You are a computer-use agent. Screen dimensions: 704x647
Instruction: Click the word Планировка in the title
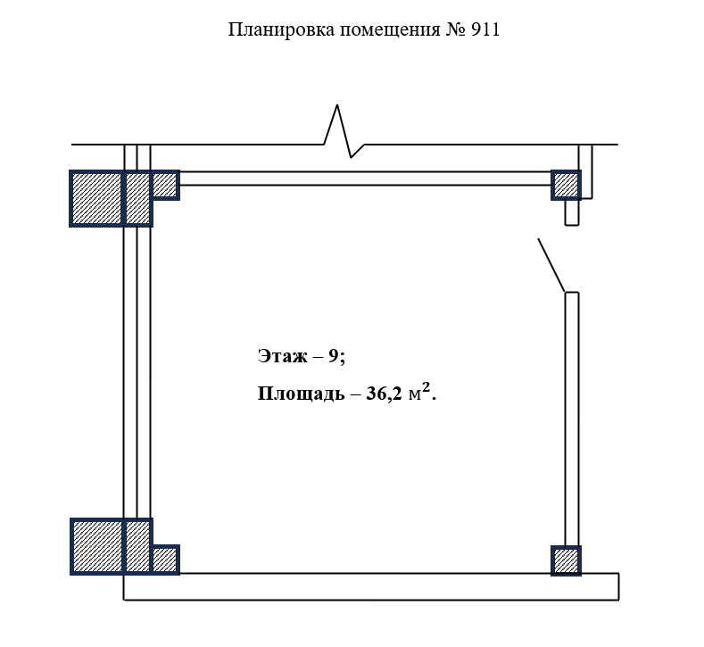pyautogui.click(x=281, y=29)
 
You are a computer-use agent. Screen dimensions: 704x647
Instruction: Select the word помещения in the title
pyautogui.click(x=390, y=30)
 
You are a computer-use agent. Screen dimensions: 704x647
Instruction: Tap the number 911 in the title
pyautogui.click(x=485, y=29)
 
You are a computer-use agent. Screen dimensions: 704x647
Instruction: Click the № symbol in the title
pyautogui.click(x=456, y=29)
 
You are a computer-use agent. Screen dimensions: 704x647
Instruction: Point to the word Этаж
pyautogui.click(x=283, y=356)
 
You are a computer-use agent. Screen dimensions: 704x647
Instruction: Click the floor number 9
pyautogui.click(x=333, y=356)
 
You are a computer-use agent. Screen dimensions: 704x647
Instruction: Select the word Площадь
pyautogui.click(x=302, y=394)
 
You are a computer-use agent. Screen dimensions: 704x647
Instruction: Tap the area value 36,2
pyautogui.click(x=384, y=394)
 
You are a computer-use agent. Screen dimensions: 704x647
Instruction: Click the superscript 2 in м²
pyautogui.click(x=427, y=387)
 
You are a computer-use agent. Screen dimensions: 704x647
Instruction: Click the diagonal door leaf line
pyautogui.click(x=551, y=265)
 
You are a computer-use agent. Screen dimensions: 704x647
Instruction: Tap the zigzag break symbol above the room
pyautogui.click(x=344, y=131)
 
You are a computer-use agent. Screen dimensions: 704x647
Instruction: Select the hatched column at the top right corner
pyautogui.click(x=567, y=185)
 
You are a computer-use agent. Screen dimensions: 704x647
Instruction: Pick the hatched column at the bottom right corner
pyautogui.click(x=567, y=560)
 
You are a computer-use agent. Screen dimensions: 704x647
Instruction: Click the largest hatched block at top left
pyautogui.click(x=96, y=198)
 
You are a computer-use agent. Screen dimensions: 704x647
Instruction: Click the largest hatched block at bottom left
pyautogui.click(x=96, y=546)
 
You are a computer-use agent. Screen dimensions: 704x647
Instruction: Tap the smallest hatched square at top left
pyautogui.click(x=165, y=185)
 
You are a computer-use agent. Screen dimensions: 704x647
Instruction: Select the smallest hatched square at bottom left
pyautogui.click(x=165, y=560)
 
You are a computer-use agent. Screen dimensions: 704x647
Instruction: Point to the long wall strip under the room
pyautogui.click(x=371, y=586)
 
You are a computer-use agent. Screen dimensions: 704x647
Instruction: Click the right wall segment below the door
pyautogui.click(x=572, y=419)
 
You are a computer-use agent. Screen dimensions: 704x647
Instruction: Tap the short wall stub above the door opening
pyautogui.click(x=572, y=212)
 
